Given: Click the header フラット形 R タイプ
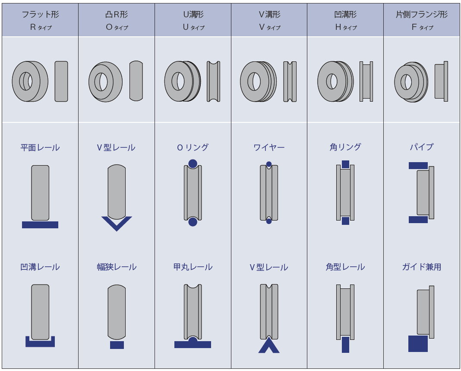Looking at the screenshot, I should click(40, 20).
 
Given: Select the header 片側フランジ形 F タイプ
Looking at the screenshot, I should click(422, 20).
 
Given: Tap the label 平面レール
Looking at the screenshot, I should click(40, 147).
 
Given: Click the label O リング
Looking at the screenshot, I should click(193, 147).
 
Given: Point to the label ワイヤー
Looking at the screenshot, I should click(269, 147).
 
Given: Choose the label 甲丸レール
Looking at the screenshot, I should click(193, 267).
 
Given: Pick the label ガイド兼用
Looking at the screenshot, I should click(422, 267).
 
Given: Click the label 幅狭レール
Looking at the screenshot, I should click(117, 267).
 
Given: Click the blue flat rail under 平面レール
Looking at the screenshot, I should click(40, 225).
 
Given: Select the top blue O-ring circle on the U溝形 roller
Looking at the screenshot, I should click(193, 164).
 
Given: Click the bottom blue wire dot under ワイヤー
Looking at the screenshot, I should click(269, 221).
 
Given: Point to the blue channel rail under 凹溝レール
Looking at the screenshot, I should click(40, 343).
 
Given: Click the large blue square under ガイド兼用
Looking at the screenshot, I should click(418, 343).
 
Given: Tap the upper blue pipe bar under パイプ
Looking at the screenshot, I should click(418, 166).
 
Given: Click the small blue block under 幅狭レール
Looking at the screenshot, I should click(117, 345).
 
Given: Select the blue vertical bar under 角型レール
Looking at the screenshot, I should click(345, 345).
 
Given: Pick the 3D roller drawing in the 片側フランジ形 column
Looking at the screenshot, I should click(410, 81).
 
